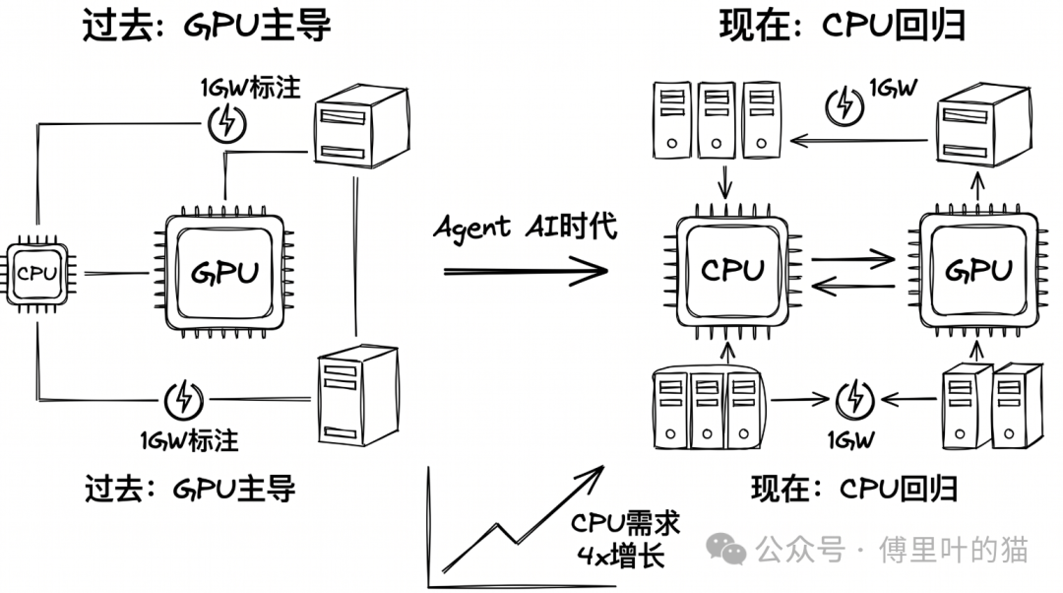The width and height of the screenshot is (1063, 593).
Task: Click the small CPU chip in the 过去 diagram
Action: (37, 273)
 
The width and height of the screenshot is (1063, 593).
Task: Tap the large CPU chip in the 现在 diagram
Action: (733, 269)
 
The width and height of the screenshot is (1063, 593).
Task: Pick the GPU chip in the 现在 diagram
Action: (977, 269)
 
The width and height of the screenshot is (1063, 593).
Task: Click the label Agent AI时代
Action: (526, 227)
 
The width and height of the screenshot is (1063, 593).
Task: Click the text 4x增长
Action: (621, 557)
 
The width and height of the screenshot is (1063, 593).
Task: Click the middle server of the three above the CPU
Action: (717, 121)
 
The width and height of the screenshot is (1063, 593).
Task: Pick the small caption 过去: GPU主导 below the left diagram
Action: (189, 487)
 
